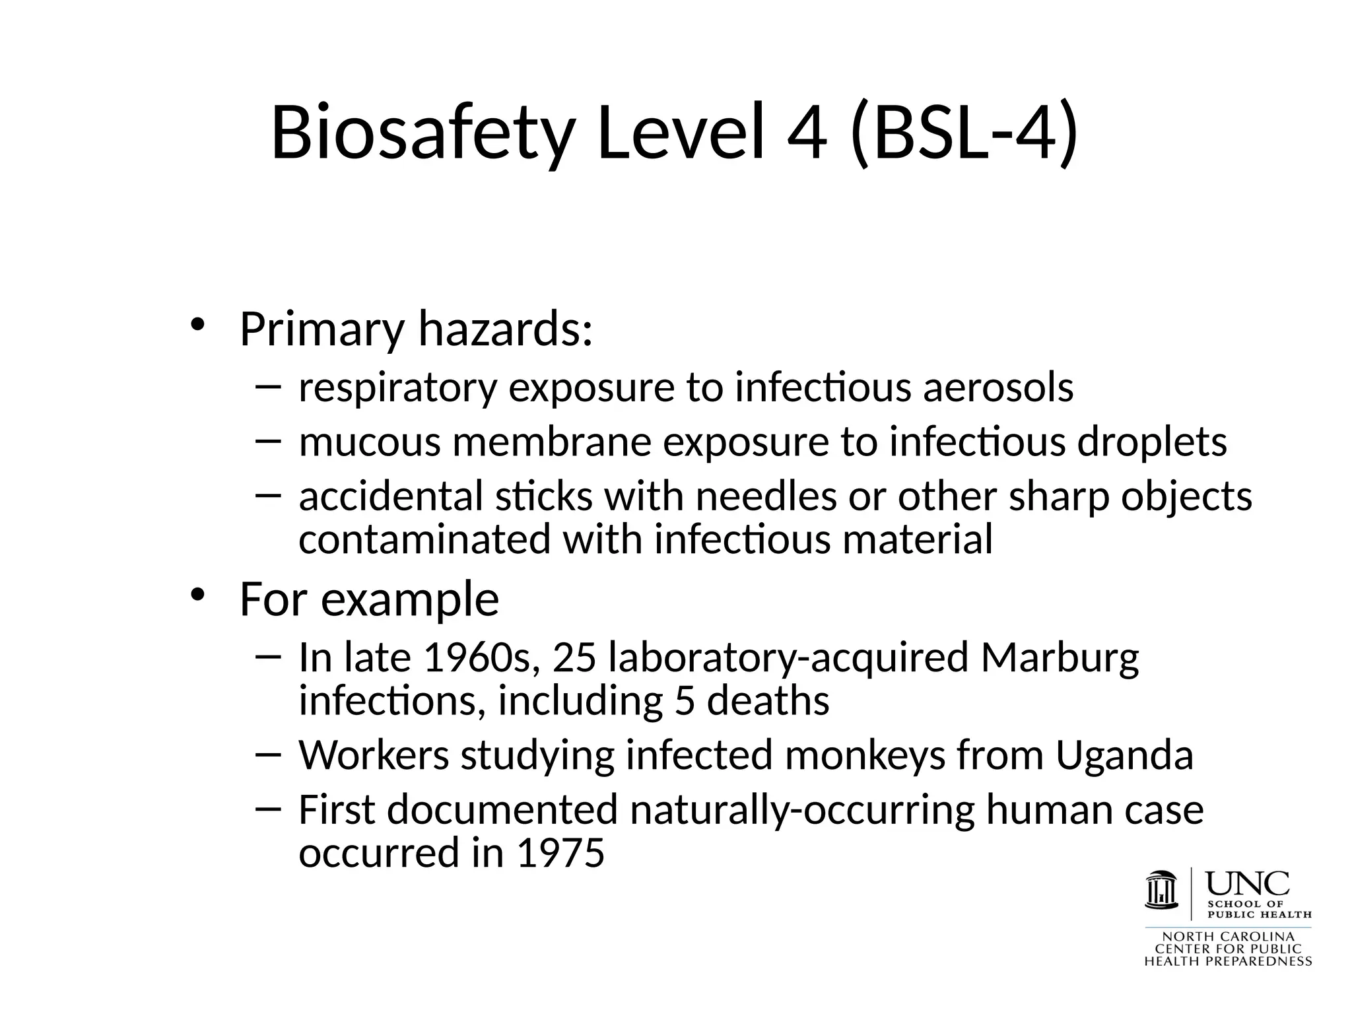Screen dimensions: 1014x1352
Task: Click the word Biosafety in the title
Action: pyautogui.click(x=421, y=133)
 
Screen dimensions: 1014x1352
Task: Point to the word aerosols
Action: pyautogui.click(x=997, y=388)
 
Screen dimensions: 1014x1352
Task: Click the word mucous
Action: pyautogui.click(x=369, y=442)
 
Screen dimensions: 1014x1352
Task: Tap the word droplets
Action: pyautogui.click(x=1152, y=442)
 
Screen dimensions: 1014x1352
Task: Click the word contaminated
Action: pyautogui.click(x=424, y=539)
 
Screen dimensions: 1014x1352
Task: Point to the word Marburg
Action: pyautogui.click(x=1060, y=658)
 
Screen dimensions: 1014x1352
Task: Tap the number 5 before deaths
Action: pyautogui.click(x=685, y=700)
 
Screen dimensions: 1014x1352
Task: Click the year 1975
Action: pyautogui.click(x=560, y=853)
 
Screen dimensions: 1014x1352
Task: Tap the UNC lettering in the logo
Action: pyautogui.click(x=1247, y=883)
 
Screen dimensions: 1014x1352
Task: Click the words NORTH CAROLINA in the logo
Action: pyautogui.click(x=1228, y=937)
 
